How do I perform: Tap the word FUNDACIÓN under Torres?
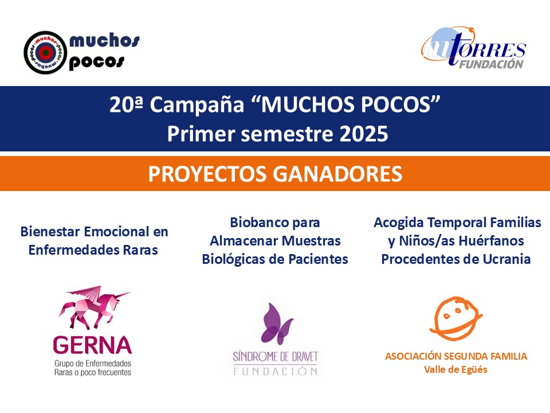pos(492,63)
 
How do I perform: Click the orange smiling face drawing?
pos(455,318)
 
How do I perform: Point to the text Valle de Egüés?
pos(455,370)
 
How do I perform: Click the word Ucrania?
pos(506,259)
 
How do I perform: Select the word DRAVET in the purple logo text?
pos(300,357)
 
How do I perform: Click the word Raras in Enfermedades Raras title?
pos(139,250)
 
